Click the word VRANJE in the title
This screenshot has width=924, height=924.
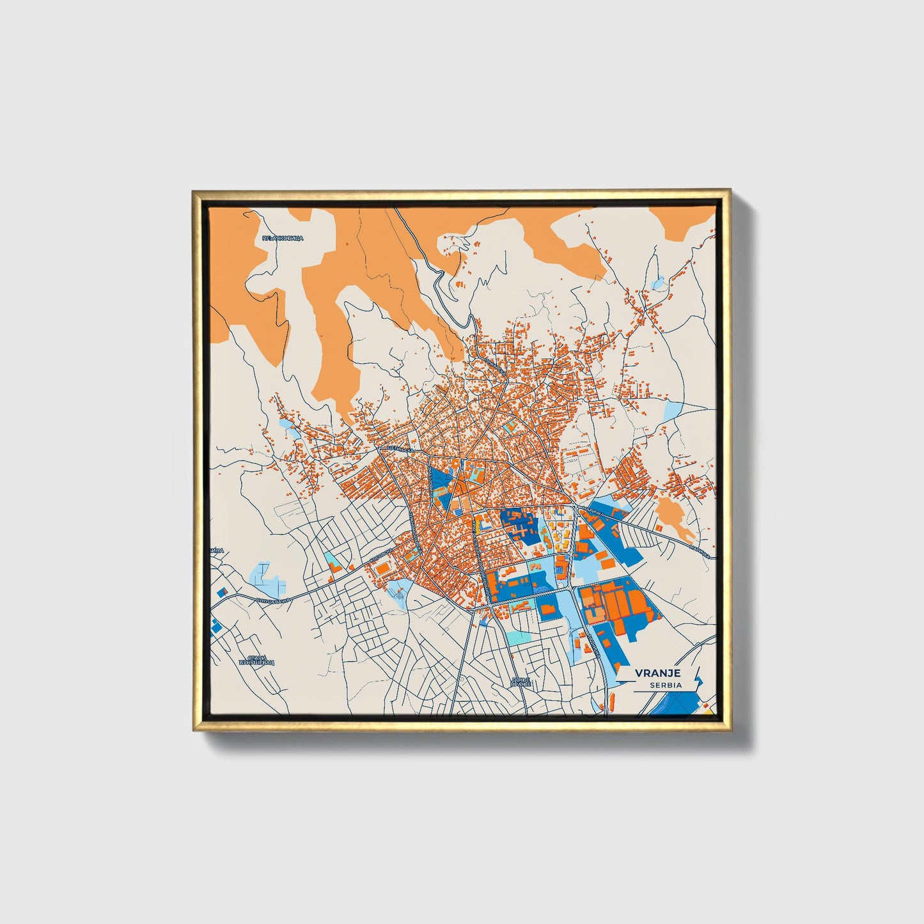click(x=657, y=673)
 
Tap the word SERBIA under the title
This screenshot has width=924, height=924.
click(x=666, y=685)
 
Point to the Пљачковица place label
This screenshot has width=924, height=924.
click(x=283, y=238)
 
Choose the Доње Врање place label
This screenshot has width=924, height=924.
click(x=521, y=682)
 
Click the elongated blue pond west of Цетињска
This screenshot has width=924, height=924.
click(x=291, y=428)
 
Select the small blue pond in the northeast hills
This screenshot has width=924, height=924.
click(x=657, y=283)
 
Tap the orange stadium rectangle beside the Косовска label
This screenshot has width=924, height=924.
click(x=381, y=568)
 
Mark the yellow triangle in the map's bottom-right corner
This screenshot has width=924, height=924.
click(x=707, y=707)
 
